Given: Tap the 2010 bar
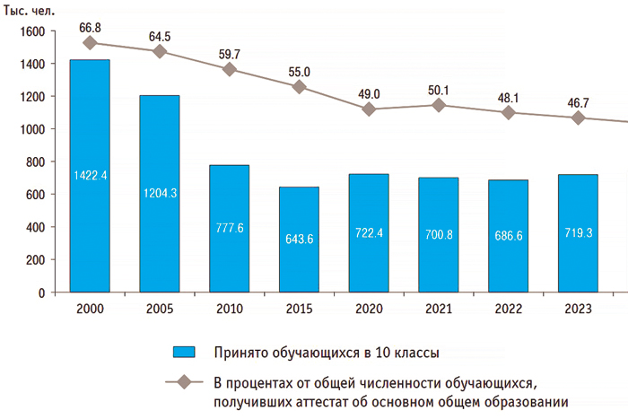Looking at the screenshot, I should point(229,229).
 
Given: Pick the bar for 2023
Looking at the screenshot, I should point(578,233).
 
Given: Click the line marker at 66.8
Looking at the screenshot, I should point(89,42).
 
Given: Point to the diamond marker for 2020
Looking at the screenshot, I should point(369,109).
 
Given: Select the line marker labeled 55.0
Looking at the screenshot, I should point(299,87).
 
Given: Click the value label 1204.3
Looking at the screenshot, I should point(159,192).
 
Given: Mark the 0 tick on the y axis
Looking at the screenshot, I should point(40,292).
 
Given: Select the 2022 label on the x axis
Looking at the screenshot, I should point(508,310).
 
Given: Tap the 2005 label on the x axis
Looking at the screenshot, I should point(159,310).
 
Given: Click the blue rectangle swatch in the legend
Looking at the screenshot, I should point(185,351).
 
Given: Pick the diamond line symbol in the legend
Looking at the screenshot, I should point(185,382).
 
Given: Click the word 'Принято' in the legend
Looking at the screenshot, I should point(238,351).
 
